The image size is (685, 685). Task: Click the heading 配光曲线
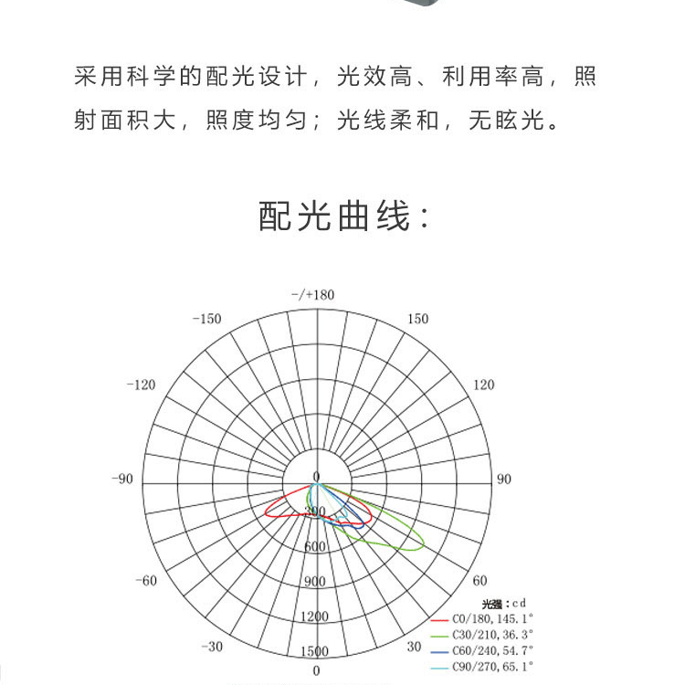pyautogui.click(x=343, y=217)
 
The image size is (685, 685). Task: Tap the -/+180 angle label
pyautogui.click(x=313, y=295)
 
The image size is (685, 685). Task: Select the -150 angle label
pyautogui.click(x=207, y=319)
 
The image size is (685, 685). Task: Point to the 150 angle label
pyautogui.click(x=417, y=319)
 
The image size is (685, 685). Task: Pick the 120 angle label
pyautogui.click(x=484, y=385)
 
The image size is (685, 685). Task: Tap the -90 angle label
pyautogui.click(x=121, y=479)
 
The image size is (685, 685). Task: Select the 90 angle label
pyautogui.click(x=504, y=479)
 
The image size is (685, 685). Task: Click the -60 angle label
pyautogui.click(x=146, y=581)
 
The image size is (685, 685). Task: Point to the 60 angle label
pyautogui.click(x=480, y=581)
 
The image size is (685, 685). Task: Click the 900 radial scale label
pyautogui.click(x=315, y=582)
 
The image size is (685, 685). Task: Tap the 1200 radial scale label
pyautogui.click(x=315, y=616)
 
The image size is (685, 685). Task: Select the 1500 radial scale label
pyautogui.click(x=315, y=651)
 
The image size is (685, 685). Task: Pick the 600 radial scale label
pyautogui.click(x=315, y=546)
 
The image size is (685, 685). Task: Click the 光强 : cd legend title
pyautogui.click(x=504, y=603)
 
